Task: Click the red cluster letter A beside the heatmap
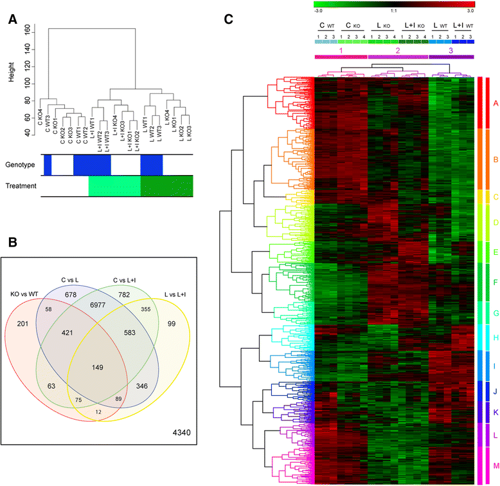494,102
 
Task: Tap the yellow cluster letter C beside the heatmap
494,196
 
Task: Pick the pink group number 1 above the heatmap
341,50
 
